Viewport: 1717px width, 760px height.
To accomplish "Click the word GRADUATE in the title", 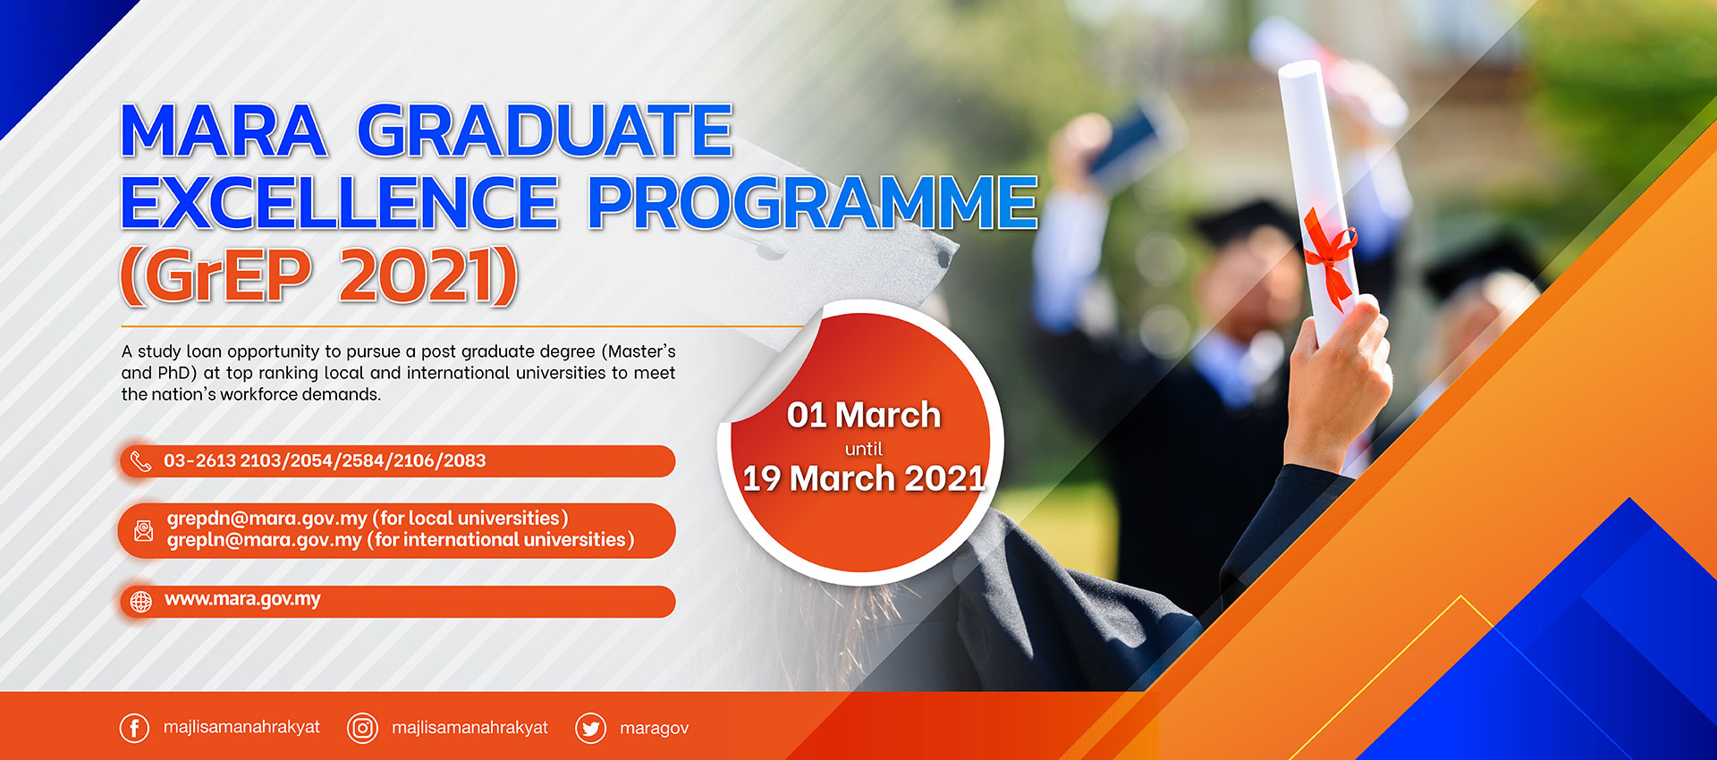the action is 546,131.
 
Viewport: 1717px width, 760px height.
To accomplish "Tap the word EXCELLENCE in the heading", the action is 340,202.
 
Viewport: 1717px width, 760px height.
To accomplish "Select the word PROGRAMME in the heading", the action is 812,202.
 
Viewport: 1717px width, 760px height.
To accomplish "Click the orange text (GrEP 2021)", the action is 319,276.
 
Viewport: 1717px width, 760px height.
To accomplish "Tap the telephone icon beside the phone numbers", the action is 141,461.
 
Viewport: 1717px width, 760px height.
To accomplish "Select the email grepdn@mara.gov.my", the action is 267,519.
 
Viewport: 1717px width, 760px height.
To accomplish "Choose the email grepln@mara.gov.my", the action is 265,540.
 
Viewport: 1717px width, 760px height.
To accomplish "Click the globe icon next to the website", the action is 141,602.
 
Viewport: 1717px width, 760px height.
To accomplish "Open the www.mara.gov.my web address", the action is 242,599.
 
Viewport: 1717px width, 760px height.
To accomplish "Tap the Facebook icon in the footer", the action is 134,728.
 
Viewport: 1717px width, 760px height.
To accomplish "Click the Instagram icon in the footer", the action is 362,728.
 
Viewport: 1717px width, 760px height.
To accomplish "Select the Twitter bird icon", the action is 590,729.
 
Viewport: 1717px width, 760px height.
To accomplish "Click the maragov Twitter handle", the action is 655,728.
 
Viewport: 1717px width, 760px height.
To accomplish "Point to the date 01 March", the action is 864,415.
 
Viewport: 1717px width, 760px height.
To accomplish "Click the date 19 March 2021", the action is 864,478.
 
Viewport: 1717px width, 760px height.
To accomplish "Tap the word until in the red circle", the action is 864,449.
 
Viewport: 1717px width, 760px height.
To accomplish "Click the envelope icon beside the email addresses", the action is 143,531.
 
